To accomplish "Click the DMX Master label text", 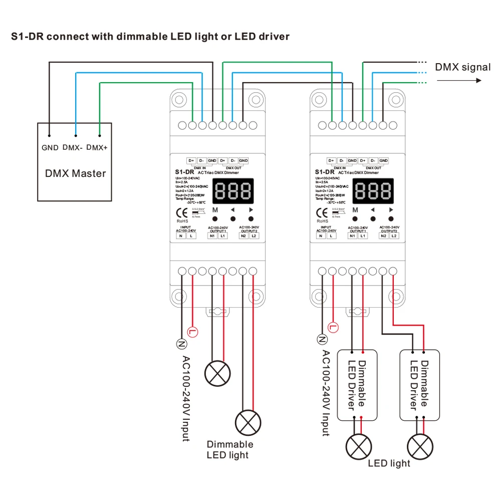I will click(76, 174).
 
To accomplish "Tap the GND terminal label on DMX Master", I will click(50, 148).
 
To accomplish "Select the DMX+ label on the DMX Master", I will click(97, 148).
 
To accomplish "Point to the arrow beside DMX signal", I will click(460, 80).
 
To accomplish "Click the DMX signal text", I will click(462, 67).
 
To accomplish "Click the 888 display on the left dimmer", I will click(233, 190).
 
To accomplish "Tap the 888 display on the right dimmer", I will click(373, 190).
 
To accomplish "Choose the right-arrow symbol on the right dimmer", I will click(391, 210).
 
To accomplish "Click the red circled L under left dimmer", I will click(192, 331).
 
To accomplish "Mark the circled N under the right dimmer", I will click(322, 339).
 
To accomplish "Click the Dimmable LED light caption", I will click(230, 449).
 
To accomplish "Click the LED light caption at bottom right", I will click(389, 463).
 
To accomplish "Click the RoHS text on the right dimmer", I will click(323, 220).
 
